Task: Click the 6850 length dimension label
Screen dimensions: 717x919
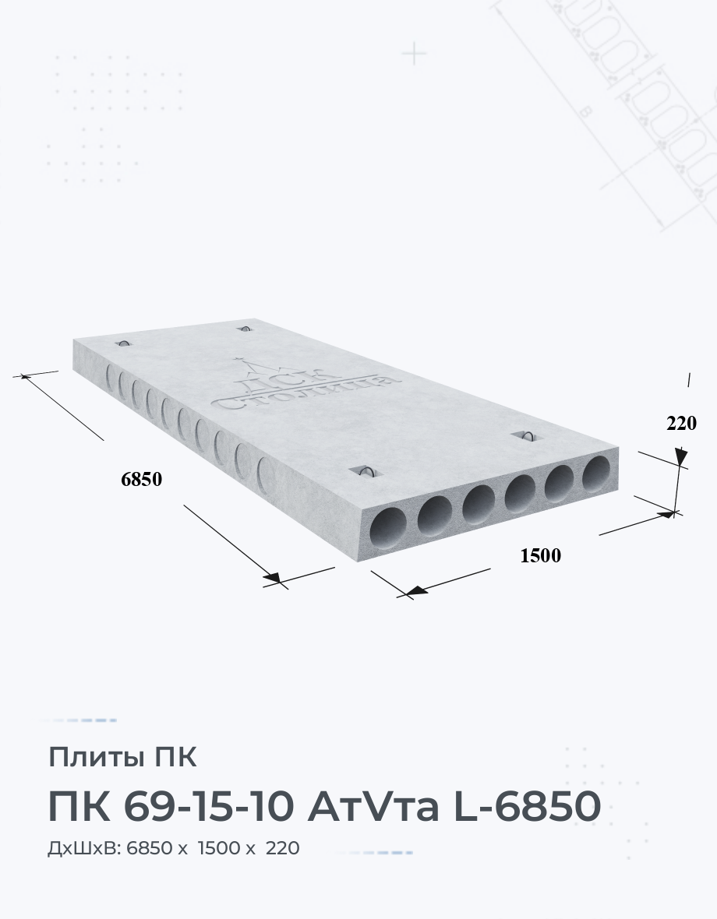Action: pyautogui.click(x=141, y=480)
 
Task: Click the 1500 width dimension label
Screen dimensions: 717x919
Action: pyautogui.click(x=541, y=555)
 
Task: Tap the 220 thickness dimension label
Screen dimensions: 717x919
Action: pyautogui.click(x=681, y=423)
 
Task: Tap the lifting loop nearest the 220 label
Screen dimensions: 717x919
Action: pyautogui.click(x=527, y=435)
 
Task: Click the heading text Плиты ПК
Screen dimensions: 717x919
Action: pyautogui.click(x=122, y=757)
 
